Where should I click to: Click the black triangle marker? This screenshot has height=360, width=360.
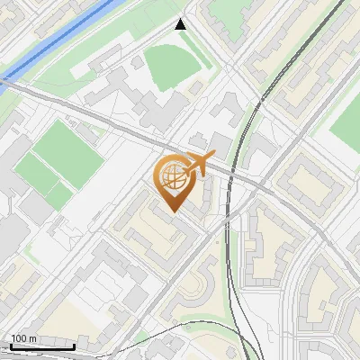tap(182, 24)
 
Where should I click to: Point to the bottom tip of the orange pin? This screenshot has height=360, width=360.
tap(171, 211)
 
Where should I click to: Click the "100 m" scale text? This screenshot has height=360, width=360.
tap(23, 337)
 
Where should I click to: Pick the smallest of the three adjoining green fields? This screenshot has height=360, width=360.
tap(59, 194)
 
